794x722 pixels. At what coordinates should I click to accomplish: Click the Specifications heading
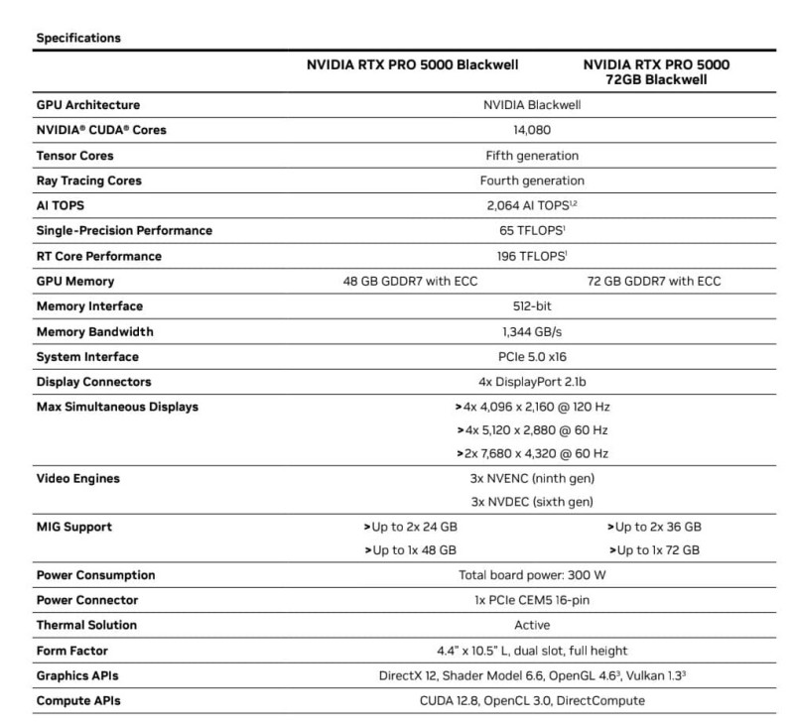[x=78, y=39]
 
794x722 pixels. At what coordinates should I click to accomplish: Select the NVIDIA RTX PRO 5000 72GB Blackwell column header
[x=656, y=71]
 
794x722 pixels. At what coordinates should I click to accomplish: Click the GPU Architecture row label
[x=87, y=105]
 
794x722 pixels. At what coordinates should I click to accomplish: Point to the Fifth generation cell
[x=532, y=156]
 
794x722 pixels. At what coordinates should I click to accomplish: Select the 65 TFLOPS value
[x=532, y=231]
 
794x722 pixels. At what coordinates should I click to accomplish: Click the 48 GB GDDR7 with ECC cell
[x=410, y=282]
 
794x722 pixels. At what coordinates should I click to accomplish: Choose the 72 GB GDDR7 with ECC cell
[x=654, y=282]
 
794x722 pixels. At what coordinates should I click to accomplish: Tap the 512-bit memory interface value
[x=532, y=306]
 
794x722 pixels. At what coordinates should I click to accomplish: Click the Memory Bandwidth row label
[x=94, y=332]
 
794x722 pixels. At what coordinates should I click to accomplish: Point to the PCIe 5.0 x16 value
[x=532, y=357]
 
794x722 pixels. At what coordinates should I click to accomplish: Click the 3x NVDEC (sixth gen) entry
[x=532, y=502]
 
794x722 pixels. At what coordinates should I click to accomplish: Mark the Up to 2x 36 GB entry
[x=654, y=527]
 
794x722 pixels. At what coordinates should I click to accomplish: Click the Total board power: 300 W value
[x=532, y=575]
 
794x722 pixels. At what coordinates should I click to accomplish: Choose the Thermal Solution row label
[x=86, y=626]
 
